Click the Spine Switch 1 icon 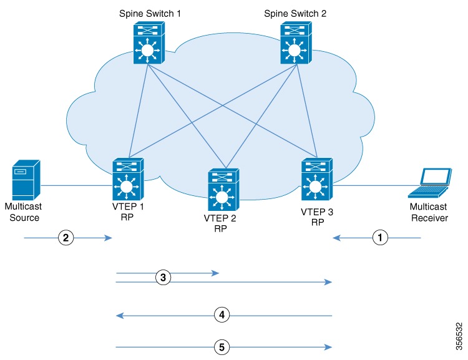[x=147, y=42]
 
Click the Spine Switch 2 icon [x=293, y=42]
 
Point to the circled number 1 [x=379, y=238]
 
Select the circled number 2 [x=65, y=238]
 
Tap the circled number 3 [x=162, y=278]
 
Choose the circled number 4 [x=220, y=316]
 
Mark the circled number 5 [x=220, y=346]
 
